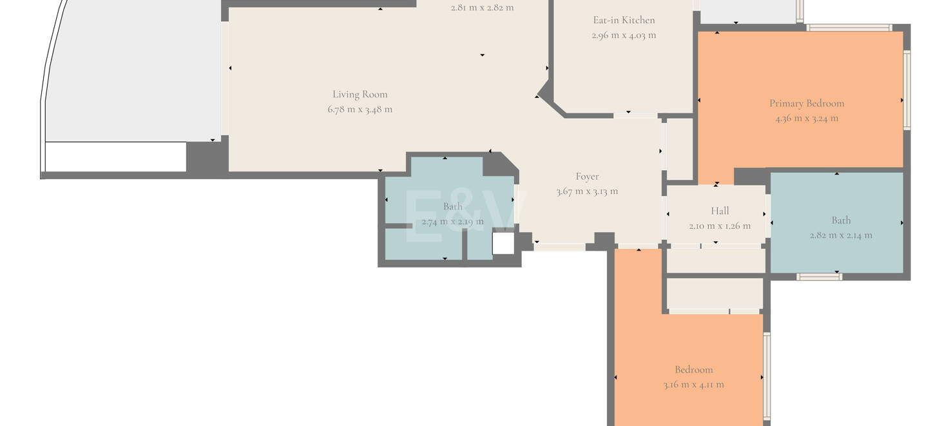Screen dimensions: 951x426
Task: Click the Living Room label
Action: point(360,94)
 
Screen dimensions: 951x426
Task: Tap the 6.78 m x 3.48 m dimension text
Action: point(360,109)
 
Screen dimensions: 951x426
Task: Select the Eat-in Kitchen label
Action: point(624,20)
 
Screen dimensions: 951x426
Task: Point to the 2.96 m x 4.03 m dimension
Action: point(624,35)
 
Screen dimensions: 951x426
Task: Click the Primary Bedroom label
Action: point(807,103)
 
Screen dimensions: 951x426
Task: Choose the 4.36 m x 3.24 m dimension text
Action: point(807,118)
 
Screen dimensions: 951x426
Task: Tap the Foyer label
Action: point(587,176)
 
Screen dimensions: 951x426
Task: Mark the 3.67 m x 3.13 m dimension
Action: point(587,191)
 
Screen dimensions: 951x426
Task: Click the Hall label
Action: point(720,211)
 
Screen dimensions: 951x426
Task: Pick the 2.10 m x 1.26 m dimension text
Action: point(720,226)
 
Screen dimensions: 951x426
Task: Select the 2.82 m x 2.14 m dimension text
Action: point(841,235)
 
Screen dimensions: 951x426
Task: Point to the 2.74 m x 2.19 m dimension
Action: point(452,221)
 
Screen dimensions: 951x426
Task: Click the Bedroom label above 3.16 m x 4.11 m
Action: point(694,369)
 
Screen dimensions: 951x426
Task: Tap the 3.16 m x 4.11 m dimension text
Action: point(694,385)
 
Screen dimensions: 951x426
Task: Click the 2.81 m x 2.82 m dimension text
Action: point(482,8)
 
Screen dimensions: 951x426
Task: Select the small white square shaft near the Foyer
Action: point(503,244)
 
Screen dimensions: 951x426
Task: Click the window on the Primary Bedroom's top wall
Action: point(849,28)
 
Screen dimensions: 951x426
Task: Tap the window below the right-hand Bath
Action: point(819,277)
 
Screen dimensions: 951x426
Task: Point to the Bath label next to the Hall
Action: point(841,220)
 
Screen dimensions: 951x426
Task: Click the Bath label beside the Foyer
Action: point(452,206)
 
